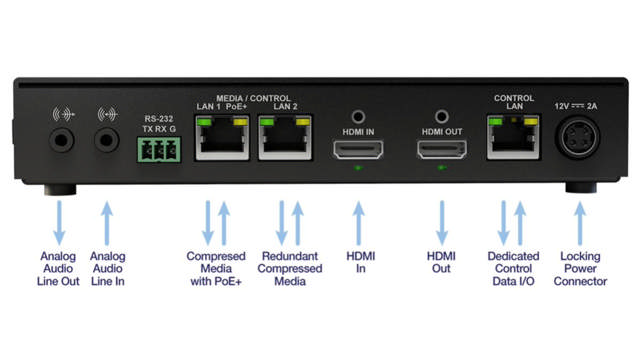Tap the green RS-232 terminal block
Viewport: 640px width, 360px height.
click(158, 151)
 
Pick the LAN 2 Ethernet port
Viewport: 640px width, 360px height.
click(280, 140)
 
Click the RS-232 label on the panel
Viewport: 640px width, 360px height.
click(158, 117)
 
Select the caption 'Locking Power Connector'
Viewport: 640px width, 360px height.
click(580, 267)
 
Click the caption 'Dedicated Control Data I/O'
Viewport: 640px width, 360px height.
click(512, 268)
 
